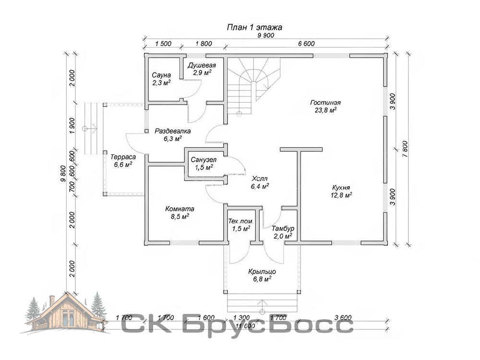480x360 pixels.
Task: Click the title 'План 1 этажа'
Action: click(x=254, y=27)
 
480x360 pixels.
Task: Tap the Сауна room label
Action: click(x=161, y=75)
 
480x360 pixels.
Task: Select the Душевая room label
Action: click(x=202, y=65)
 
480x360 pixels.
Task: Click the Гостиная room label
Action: click(x=325, y=103)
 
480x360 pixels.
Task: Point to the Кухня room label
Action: click(x=341, y=188)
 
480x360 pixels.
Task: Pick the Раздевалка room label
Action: click(x=173, y=132)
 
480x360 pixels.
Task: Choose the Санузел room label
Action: click(x=204, y=160)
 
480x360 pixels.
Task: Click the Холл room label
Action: click(x=260, y=179)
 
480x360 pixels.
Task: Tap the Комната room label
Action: click(x=180, y=209)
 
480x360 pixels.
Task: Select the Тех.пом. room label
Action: click(x=241, y=221)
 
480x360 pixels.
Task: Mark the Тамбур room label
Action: click(x=283, y=228)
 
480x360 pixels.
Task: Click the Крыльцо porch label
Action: click(x=262, y=272)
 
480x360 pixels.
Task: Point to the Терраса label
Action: click(x=123, y=157)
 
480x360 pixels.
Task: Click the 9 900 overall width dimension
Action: click(x=266, y=35)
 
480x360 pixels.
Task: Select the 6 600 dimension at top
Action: click(x=306, y=44)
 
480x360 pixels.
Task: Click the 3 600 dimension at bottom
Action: click(x=343, y=318)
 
